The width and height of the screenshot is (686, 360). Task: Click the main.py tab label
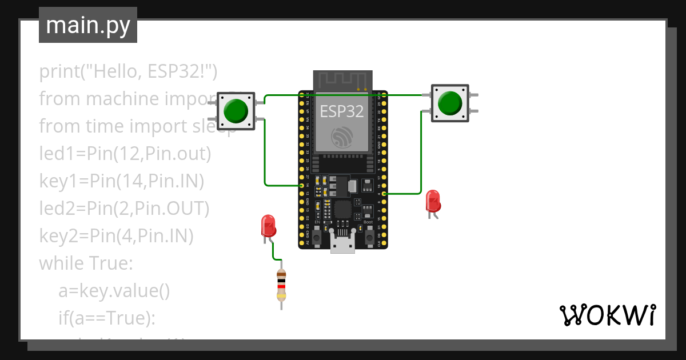point(87,25)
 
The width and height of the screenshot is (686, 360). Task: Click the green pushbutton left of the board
point(236,110)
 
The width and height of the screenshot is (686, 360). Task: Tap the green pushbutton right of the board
point(450,103)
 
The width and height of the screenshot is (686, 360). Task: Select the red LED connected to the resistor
point(268,226)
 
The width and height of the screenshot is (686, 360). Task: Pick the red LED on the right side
point(433,202)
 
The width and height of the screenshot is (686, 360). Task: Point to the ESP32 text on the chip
point(342,111)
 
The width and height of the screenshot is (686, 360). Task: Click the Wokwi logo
point(607,315)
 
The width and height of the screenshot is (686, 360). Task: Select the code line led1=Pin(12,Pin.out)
point(125,154)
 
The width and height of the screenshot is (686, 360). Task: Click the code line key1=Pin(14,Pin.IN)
point(122,181)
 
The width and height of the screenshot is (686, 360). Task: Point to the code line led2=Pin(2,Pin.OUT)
point(124,209)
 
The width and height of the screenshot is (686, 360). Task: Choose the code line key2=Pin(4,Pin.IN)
point(116,235)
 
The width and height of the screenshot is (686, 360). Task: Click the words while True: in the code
point(86,263)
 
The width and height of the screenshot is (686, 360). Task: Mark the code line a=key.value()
point(114,291)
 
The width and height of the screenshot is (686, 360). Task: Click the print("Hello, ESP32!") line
point(129,71)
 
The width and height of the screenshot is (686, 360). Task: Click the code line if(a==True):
point(107,318)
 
